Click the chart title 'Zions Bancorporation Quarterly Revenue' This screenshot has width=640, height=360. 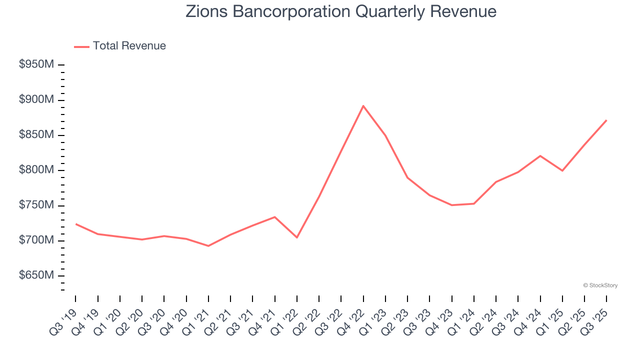click(x=341, y=11)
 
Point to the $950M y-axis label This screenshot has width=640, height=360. click(x=36, y=65)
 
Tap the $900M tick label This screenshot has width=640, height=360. click(x=36, y=100)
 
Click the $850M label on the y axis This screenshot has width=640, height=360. click(x=36, y=135)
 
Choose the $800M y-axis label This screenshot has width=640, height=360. click(x=36, y=170)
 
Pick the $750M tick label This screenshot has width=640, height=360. click(x=36, y=205)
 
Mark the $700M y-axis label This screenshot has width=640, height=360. click(x=36, y=240)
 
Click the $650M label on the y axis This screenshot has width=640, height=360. click(x=36, y=275)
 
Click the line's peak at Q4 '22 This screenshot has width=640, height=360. click(x=363, y=105)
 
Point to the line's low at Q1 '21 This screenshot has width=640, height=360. click(x=208, y=246)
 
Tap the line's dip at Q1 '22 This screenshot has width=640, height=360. click(x=297, y=237)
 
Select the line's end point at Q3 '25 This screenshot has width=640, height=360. click(x=606, y=120)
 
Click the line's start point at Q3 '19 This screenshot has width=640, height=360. click(x=75, y=223)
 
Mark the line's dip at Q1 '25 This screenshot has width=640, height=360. click(x=562, y=170)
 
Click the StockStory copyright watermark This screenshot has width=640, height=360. click(x=600, y=285)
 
